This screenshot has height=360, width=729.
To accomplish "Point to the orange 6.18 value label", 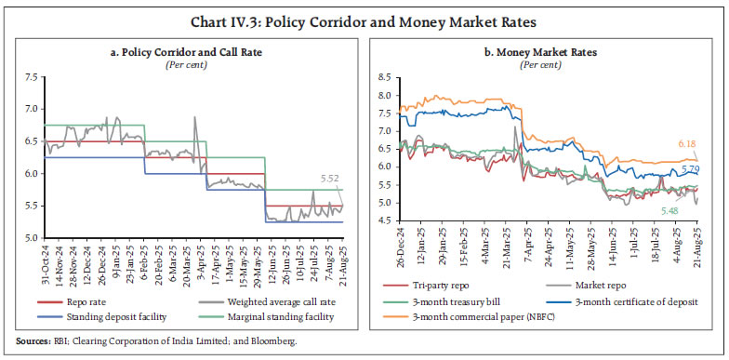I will [687, 144].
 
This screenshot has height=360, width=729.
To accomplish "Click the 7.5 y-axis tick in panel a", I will [33, 73].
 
